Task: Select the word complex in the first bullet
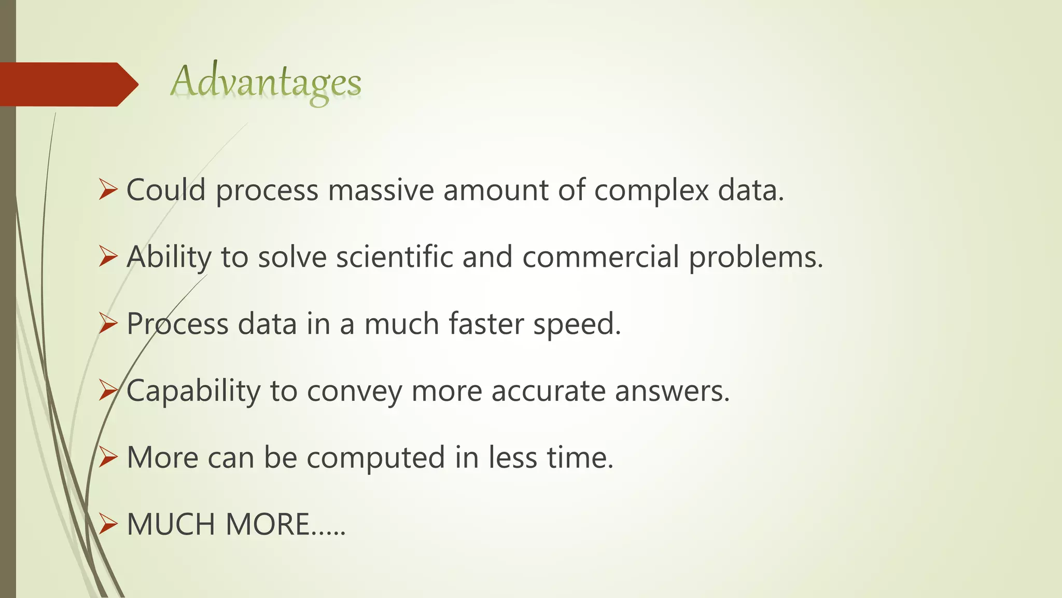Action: click(x=651, y=191)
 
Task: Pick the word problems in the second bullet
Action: click(x=756, y=258)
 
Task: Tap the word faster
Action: click(x=486, y=324)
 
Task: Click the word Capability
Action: click(x=193, y=391)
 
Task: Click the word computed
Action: click(x=375, y=458)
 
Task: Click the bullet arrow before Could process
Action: click(x=108, y=190)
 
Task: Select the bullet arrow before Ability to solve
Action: click(x=108, y=257)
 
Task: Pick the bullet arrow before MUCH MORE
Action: click(x=108, y=524)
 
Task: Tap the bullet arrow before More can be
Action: click(x=108, y=457)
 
